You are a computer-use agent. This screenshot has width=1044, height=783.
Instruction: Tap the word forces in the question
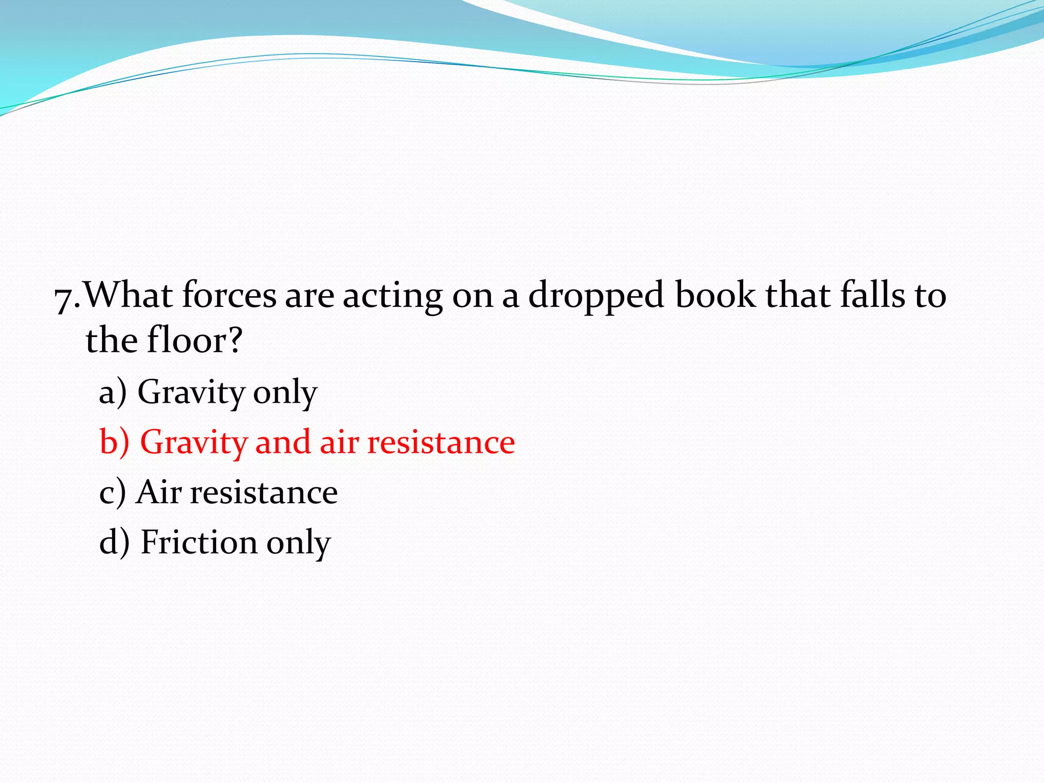point(229,295)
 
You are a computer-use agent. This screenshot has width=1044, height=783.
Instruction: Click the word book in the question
point(716,295)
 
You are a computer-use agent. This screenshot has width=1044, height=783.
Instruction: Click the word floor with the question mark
point(194,340)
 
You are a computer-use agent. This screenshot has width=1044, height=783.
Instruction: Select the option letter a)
point(113,393)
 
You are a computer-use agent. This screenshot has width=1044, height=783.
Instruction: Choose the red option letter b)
point(114,441)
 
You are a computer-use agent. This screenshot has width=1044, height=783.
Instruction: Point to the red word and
point(282,441)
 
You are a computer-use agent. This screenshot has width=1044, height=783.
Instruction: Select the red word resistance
point(441,442)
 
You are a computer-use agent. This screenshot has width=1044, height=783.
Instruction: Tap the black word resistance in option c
point(264,493)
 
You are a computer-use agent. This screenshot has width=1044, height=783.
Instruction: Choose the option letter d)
point(114,541)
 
